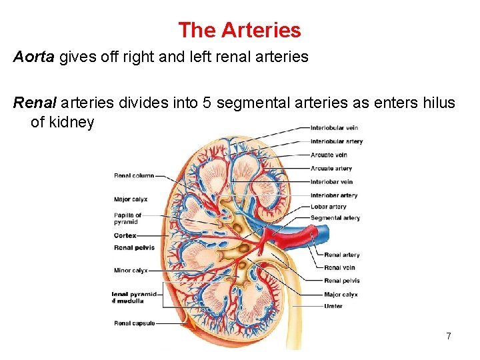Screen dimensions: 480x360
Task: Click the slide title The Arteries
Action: tap(239, 30)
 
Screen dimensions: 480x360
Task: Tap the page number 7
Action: tap(449, 336)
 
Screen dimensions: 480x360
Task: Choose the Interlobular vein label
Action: tap(334, 128)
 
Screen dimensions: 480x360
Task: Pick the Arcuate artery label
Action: tap(331, 169)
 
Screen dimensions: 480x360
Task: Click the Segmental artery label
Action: tap(335, 218)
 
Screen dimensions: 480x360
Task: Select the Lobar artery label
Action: tap(329, 207)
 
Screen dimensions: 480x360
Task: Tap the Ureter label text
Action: tap(333, 306)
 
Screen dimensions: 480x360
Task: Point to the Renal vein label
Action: tap(339, 268)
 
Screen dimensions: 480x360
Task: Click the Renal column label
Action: tap(134, 176)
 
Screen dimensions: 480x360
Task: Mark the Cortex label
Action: tap(125, 235)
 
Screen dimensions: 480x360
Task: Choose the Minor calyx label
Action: tap(131, 271)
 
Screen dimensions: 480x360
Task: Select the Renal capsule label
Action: tap(135, 323)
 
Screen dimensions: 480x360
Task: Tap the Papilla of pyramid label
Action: tap(127, 219)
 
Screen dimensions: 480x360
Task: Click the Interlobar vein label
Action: tap(331, 182)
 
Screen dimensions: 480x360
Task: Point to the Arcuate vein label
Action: tap(329, 155)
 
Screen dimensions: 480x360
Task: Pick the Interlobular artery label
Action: tap(336, 141)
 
